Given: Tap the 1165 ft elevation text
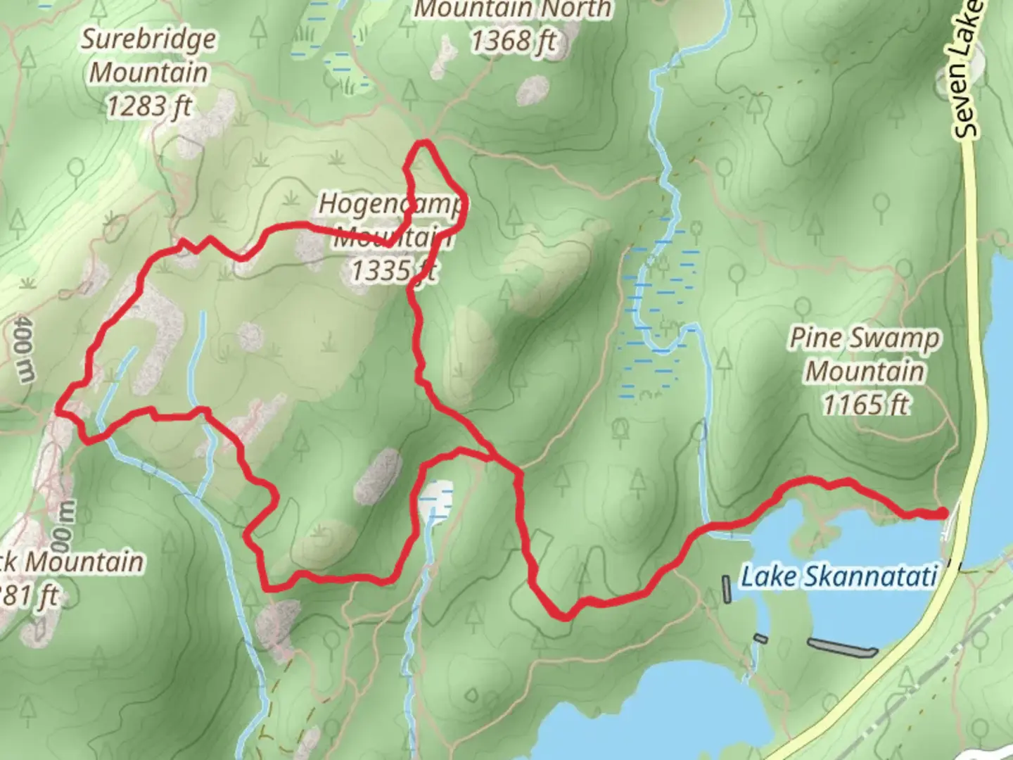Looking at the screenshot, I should coord(865,405).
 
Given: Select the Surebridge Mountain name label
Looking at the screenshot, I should coord(148,56).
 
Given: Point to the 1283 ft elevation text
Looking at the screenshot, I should coord(148,106).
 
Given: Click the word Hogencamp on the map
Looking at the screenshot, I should coord(390,204).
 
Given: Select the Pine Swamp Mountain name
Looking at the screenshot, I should coord(865,354).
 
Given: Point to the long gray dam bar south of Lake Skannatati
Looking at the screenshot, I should coord(842,646).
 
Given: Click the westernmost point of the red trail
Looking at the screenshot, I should coord(58,407).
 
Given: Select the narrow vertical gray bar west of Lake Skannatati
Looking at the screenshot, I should coord(727,589).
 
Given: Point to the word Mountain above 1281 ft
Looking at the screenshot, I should coord(84,562).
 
